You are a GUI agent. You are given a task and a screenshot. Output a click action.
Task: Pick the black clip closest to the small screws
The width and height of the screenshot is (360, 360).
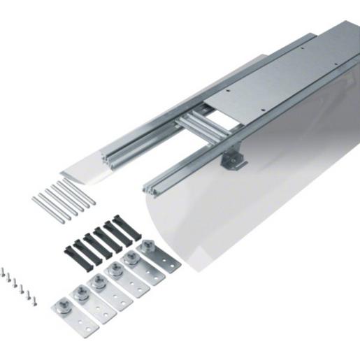click(x=72, y=251)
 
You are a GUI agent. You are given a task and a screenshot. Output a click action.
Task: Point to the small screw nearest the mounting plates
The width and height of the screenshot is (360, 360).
click(x=34, y=300)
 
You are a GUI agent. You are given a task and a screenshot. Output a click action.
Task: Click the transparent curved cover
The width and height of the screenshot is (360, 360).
click(x=259, y=210)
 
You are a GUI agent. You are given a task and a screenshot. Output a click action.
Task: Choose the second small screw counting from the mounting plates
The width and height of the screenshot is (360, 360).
click(x=27, y=293)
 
